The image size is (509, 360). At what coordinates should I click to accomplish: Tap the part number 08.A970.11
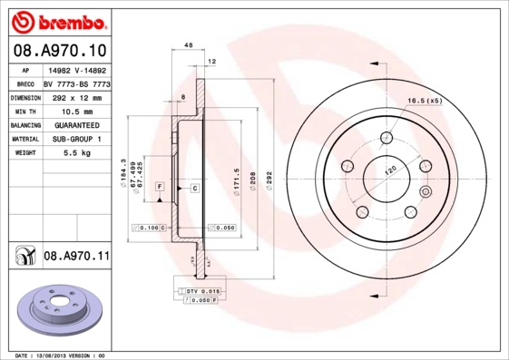point(76,257)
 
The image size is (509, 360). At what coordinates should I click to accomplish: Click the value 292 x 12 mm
point(75,96)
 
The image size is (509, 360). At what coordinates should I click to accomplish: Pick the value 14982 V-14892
point(75,69)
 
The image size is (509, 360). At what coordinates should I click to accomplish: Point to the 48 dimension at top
point(188,44)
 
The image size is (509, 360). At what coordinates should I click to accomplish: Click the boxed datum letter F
point(159,186)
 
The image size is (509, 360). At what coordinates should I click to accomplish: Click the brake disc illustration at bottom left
point(56,311)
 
